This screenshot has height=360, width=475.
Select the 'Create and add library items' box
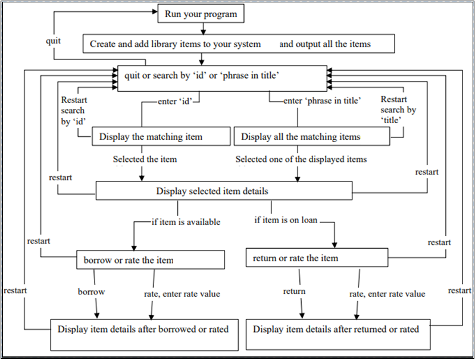pos(239,43)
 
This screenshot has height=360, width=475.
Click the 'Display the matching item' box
pos(161,137)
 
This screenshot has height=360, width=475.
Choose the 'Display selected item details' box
pos(224,191)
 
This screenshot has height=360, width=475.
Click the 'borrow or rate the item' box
pos(151,260)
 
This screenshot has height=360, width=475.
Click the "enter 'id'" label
pos(176,101)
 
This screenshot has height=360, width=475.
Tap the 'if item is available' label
pos(185,222)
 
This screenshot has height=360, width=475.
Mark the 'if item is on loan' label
pos(286,220)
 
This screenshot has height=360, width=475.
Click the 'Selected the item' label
pos(145,159)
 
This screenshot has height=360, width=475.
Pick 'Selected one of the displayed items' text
pos(301,159)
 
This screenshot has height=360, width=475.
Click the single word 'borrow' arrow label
pos(92,292)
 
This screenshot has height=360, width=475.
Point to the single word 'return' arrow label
pos(294,291)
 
